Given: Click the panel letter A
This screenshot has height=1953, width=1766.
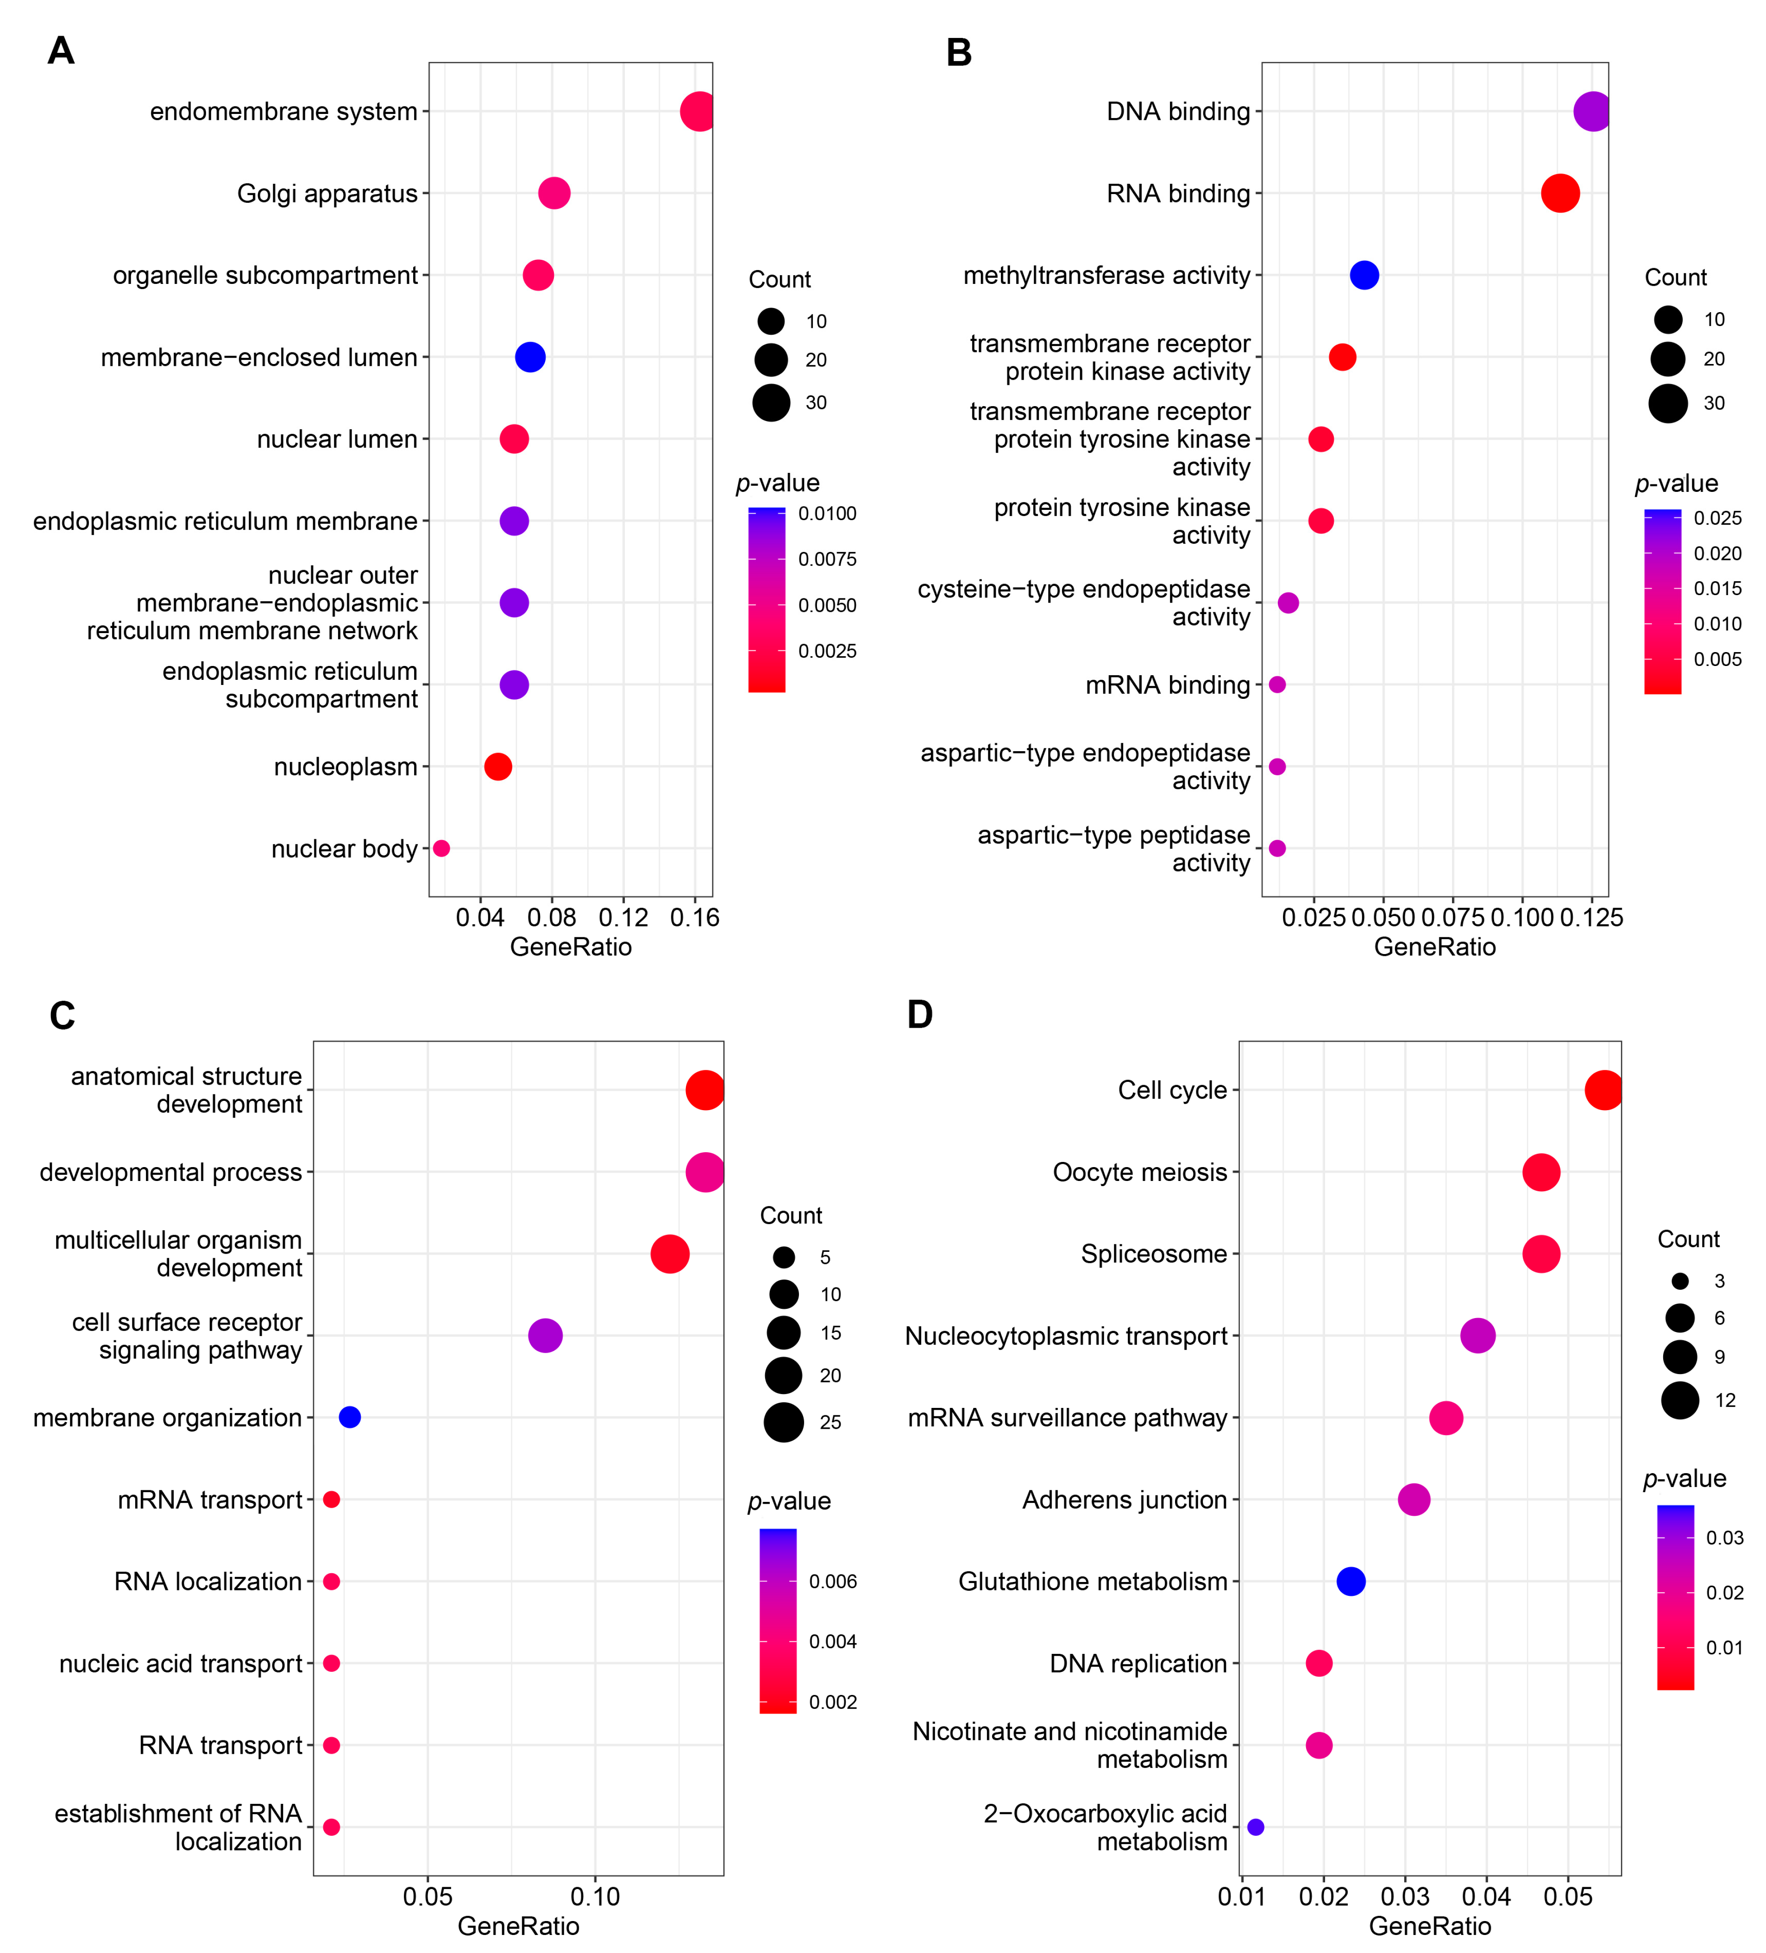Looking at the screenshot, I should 61,50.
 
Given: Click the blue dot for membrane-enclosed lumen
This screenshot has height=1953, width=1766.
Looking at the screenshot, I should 530,358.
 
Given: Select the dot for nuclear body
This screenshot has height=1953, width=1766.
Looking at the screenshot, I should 441,848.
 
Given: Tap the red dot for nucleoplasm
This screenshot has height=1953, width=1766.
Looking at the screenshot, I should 498,767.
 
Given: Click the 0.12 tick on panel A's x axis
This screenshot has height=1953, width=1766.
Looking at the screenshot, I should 623,917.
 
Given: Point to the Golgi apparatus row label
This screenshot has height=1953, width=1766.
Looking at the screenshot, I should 327,194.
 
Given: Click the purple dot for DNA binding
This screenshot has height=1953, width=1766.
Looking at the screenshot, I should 1592,112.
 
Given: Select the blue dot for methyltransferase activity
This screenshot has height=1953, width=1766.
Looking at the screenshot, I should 1364,275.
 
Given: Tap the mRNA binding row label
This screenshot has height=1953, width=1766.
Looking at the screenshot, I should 1167,685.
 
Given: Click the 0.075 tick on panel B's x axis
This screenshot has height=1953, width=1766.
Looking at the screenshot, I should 1452,917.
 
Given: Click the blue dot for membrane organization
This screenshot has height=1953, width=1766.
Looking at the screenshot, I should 350,1417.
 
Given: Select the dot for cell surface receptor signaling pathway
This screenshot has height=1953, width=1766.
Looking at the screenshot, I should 546,1336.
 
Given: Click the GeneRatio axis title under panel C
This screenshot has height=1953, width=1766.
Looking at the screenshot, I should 518,1926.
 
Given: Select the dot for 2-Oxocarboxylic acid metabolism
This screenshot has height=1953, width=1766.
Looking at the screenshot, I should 1256,1827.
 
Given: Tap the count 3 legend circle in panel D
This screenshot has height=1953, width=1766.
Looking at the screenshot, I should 1680,1281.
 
